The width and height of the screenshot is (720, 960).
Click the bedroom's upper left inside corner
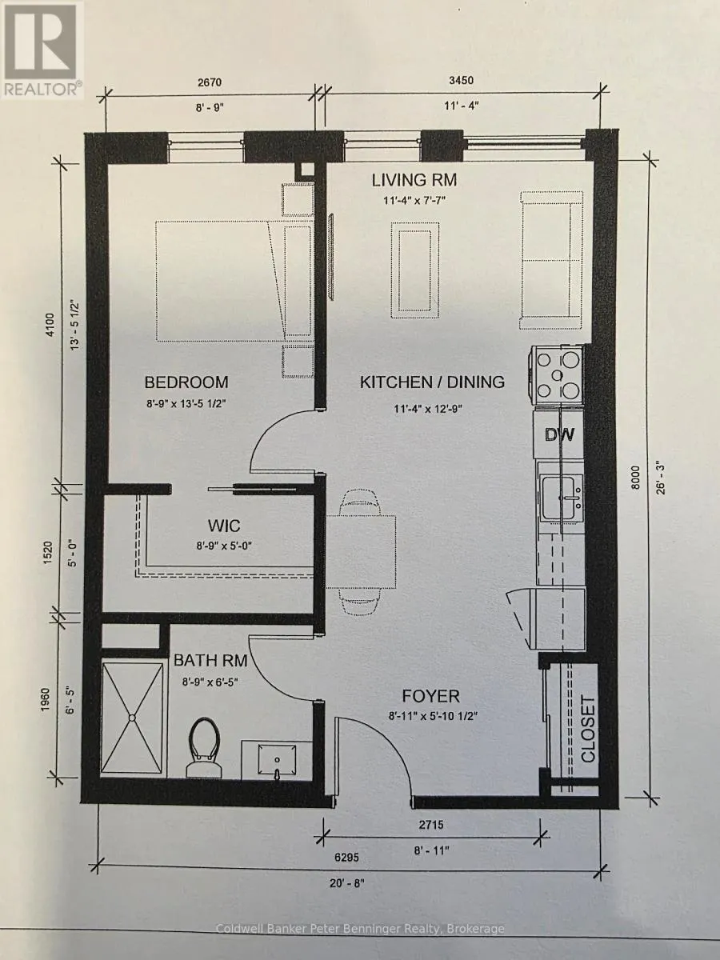(108, 165)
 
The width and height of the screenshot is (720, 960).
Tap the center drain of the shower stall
(131, 718)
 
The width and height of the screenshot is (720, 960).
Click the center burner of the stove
(557, 375)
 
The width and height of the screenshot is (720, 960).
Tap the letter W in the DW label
(566, 434)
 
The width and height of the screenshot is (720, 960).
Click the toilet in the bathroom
(203, 747)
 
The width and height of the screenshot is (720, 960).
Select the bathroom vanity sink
(276, 762)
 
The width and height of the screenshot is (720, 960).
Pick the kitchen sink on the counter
(561, 498)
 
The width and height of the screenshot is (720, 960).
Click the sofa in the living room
(551, 260)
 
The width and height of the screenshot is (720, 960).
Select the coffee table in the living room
(415, 270)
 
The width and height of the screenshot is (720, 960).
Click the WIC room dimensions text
(224, 546)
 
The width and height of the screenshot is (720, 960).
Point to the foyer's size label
(433, 716)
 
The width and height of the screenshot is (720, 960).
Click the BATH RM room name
(210, 660)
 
